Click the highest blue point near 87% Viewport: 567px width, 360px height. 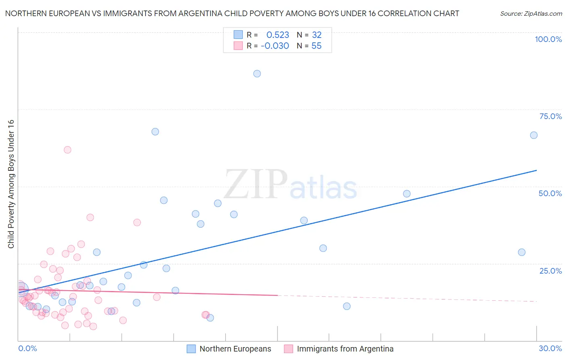point(257,73)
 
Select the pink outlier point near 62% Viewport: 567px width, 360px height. point(67,150)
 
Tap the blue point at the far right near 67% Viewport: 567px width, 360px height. point(534,135)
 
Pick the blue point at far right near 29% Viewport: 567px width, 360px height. point(521,252)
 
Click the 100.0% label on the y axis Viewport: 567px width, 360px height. point(548,39)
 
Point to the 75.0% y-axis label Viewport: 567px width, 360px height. point(550,116)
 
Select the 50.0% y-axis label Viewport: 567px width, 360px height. point(550,193)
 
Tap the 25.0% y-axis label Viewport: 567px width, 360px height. point(550,271)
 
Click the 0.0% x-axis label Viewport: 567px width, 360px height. point(27,348)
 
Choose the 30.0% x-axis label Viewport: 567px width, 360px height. point(550,348)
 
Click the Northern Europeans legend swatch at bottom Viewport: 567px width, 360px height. point(191,349)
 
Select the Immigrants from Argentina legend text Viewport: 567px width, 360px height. point(345,349)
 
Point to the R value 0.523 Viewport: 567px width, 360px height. point(277,35)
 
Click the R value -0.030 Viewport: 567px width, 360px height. point(275,46)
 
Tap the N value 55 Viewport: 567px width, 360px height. point(317,46)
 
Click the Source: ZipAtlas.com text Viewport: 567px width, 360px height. point(531,14)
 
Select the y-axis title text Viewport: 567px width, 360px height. point(11,184)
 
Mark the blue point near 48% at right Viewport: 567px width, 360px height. point(406,194)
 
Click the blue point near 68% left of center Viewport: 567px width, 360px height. point(155,132)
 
